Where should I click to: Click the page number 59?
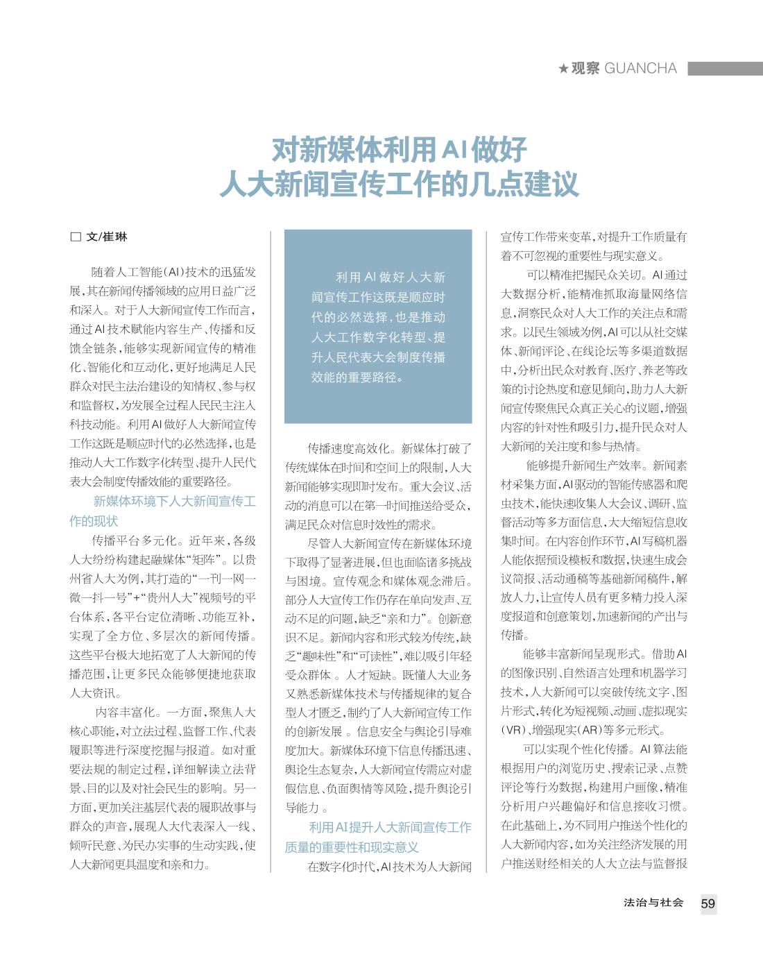[x=708, y=903]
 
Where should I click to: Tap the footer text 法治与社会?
[x=653, y=903]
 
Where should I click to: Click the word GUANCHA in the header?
[x=640, y=68]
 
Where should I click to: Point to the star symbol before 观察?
[x=563, y=69]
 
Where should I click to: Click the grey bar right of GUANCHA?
[x=725, y=68]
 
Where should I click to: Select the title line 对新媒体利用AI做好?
[x=399, y=149]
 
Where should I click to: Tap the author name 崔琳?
[x=116, y=237]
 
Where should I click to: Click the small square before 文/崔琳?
[x=76, y=237]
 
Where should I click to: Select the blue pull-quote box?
[x=378, y=326]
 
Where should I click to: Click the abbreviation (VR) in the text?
[x=514, y=731]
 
